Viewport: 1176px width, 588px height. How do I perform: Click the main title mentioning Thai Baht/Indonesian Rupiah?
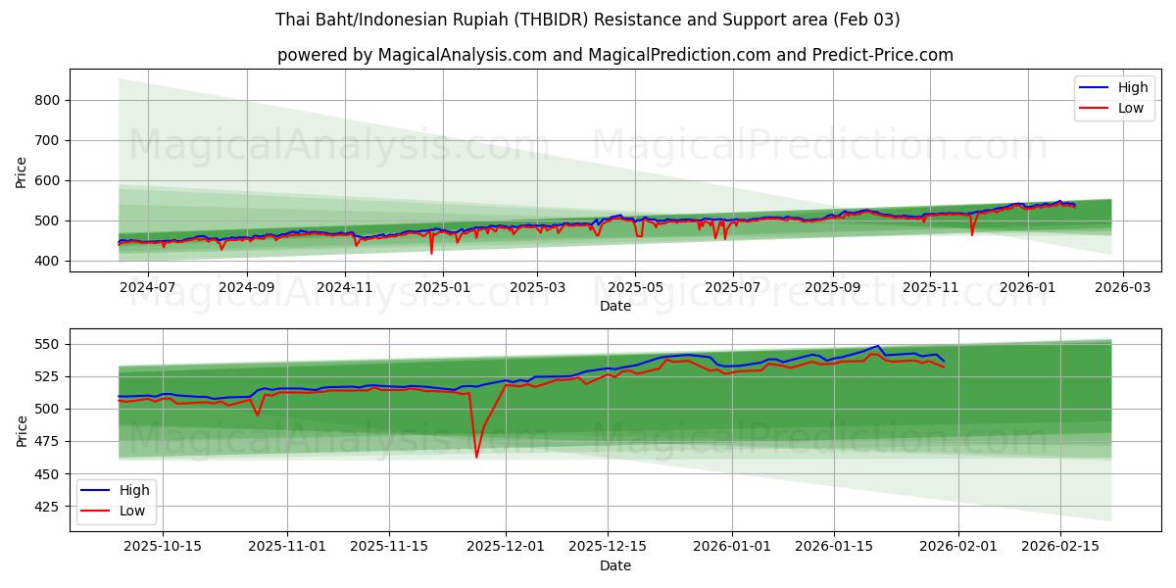click(587, 20)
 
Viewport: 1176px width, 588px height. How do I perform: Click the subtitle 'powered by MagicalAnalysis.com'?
click(614, 55)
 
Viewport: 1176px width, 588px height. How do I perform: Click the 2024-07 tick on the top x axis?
click(147, 288)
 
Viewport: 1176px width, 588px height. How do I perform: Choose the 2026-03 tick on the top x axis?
click(1123, 288)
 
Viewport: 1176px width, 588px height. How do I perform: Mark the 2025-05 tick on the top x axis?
click(635, 288)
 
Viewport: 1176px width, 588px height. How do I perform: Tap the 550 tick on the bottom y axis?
click(47, 344)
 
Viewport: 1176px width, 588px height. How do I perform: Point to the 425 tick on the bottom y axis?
click(47, 507)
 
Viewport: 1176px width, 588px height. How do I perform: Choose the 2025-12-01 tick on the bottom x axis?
click(506, 545)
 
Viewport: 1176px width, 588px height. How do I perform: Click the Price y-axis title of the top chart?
click(22, 171)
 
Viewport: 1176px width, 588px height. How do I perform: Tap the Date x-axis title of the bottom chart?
click(614, 565)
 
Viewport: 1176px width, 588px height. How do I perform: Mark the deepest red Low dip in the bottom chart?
click(476, 457)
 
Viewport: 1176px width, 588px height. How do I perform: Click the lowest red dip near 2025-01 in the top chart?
click(431, 253)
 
